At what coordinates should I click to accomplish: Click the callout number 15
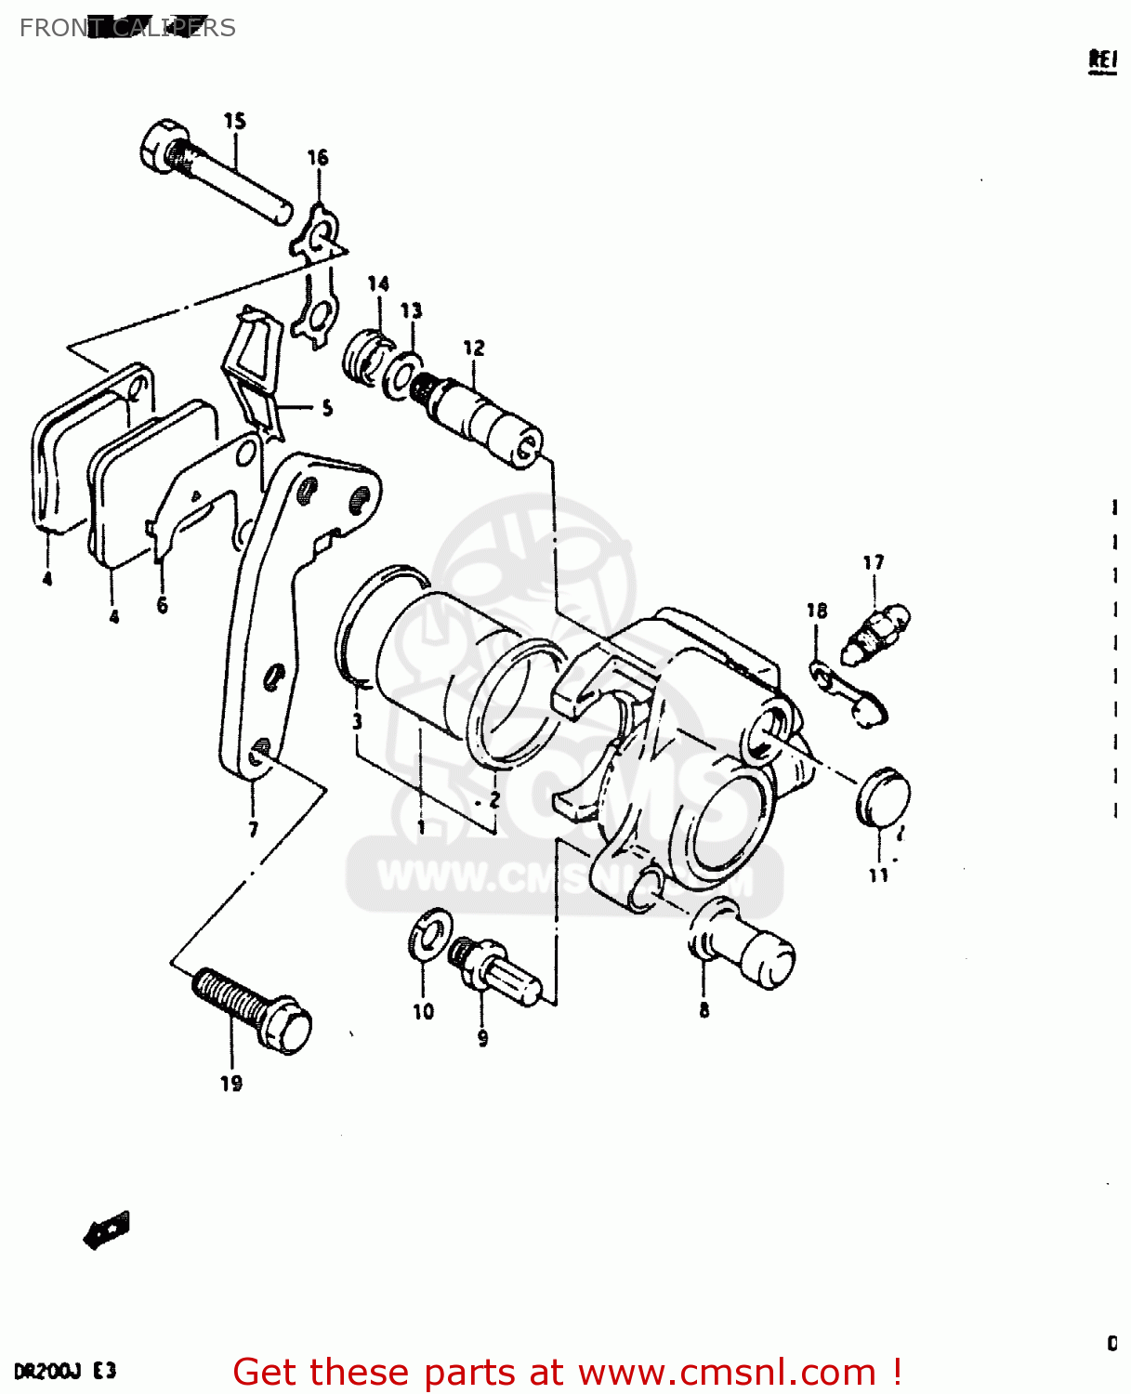pyautogui.click(x=235, y=121)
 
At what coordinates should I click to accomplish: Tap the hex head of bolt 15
pyautogui.click(x=163, y=146)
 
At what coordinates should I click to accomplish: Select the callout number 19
pyautogui.click(x=231, y=1083)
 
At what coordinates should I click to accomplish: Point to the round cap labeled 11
pyautogui.click(x=882, y=798)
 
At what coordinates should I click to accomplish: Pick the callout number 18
pyautogui.click(x=817, y=611)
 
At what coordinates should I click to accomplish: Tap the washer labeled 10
pyautogui.click(x=429, y=934)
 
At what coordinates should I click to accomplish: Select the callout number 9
pyautogui.click(x=482, y=1038)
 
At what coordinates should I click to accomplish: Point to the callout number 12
pyautogui.click(x=474, y=348)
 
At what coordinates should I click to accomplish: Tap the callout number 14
pyautogui.click(x=378, y=283)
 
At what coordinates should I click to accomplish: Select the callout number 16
pyautogui.click(x=318, y=157)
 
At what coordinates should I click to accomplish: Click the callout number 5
pyautogui.click(x=327, y=407)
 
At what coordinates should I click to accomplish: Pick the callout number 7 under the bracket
pyautogui.click(x=254, y=829)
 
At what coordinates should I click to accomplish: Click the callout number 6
pyautogui.click(x=163, y=606)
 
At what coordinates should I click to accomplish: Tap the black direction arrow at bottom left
pyautogui.click(x=107, y=1231)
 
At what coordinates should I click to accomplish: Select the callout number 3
pyautogui.click(x=357, y=722)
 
